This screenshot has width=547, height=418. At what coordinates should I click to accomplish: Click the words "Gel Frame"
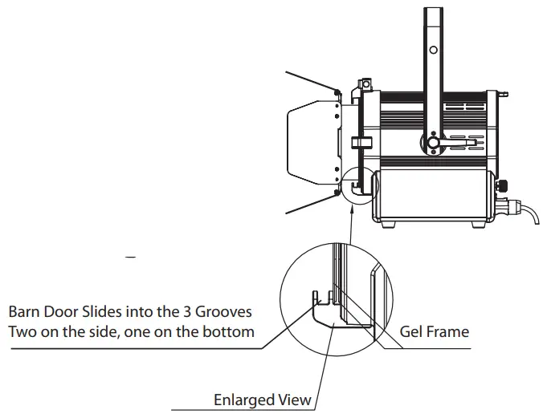435,331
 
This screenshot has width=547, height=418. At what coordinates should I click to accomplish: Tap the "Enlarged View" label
262,399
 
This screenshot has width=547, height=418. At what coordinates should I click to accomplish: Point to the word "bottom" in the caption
232,331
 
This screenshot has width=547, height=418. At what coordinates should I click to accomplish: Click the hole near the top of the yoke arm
433,50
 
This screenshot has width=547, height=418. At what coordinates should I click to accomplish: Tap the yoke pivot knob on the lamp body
433,144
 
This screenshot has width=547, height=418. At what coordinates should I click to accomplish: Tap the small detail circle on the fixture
357,185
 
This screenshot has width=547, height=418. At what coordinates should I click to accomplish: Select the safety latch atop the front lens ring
365,83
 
